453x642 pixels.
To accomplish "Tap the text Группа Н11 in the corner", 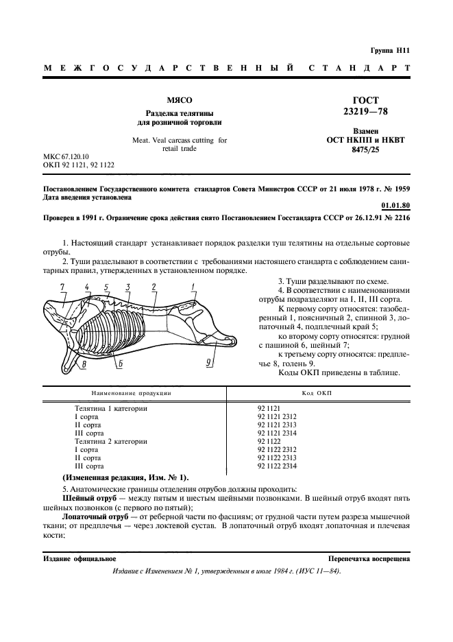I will click(x=391, y=50).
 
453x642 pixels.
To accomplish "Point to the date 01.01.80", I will click(x=395, y=204).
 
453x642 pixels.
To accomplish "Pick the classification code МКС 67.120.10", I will click(x=66, y=157).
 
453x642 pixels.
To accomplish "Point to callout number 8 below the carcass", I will click(x=83, y=364).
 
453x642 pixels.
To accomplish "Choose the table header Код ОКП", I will click(x=317, y=396).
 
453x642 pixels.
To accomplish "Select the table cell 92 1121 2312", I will click(x=277, y=416).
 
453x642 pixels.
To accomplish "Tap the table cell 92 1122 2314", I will click(x=277, y=466).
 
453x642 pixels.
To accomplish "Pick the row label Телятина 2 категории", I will click(x=110, y=442).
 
